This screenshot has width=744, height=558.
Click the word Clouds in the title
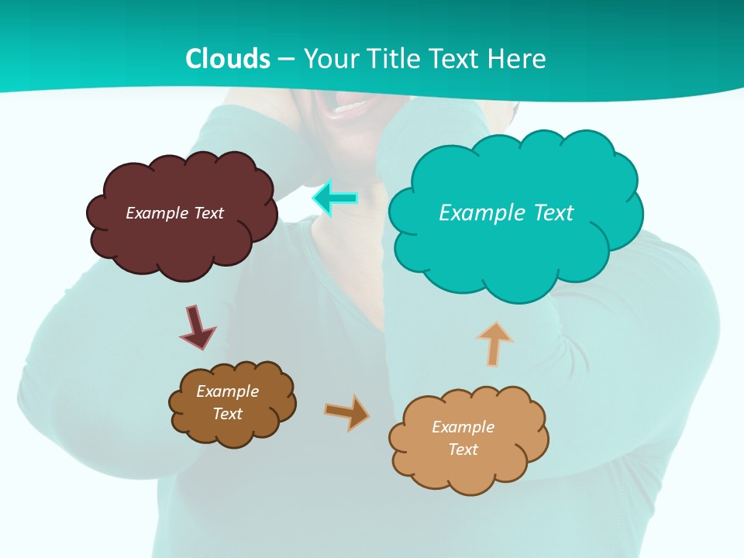(228, 59)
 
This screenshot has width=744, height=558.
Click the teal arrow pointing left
(335, 198)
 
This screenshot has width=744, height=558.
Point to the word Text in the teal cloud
(552, 213)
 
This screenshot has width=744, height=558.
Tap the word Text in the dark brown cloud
(228, 414)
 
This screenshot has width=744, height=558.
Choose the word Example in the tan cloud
(463, 427)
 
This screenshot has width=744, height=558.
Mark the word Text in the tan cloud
(463, 449)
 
